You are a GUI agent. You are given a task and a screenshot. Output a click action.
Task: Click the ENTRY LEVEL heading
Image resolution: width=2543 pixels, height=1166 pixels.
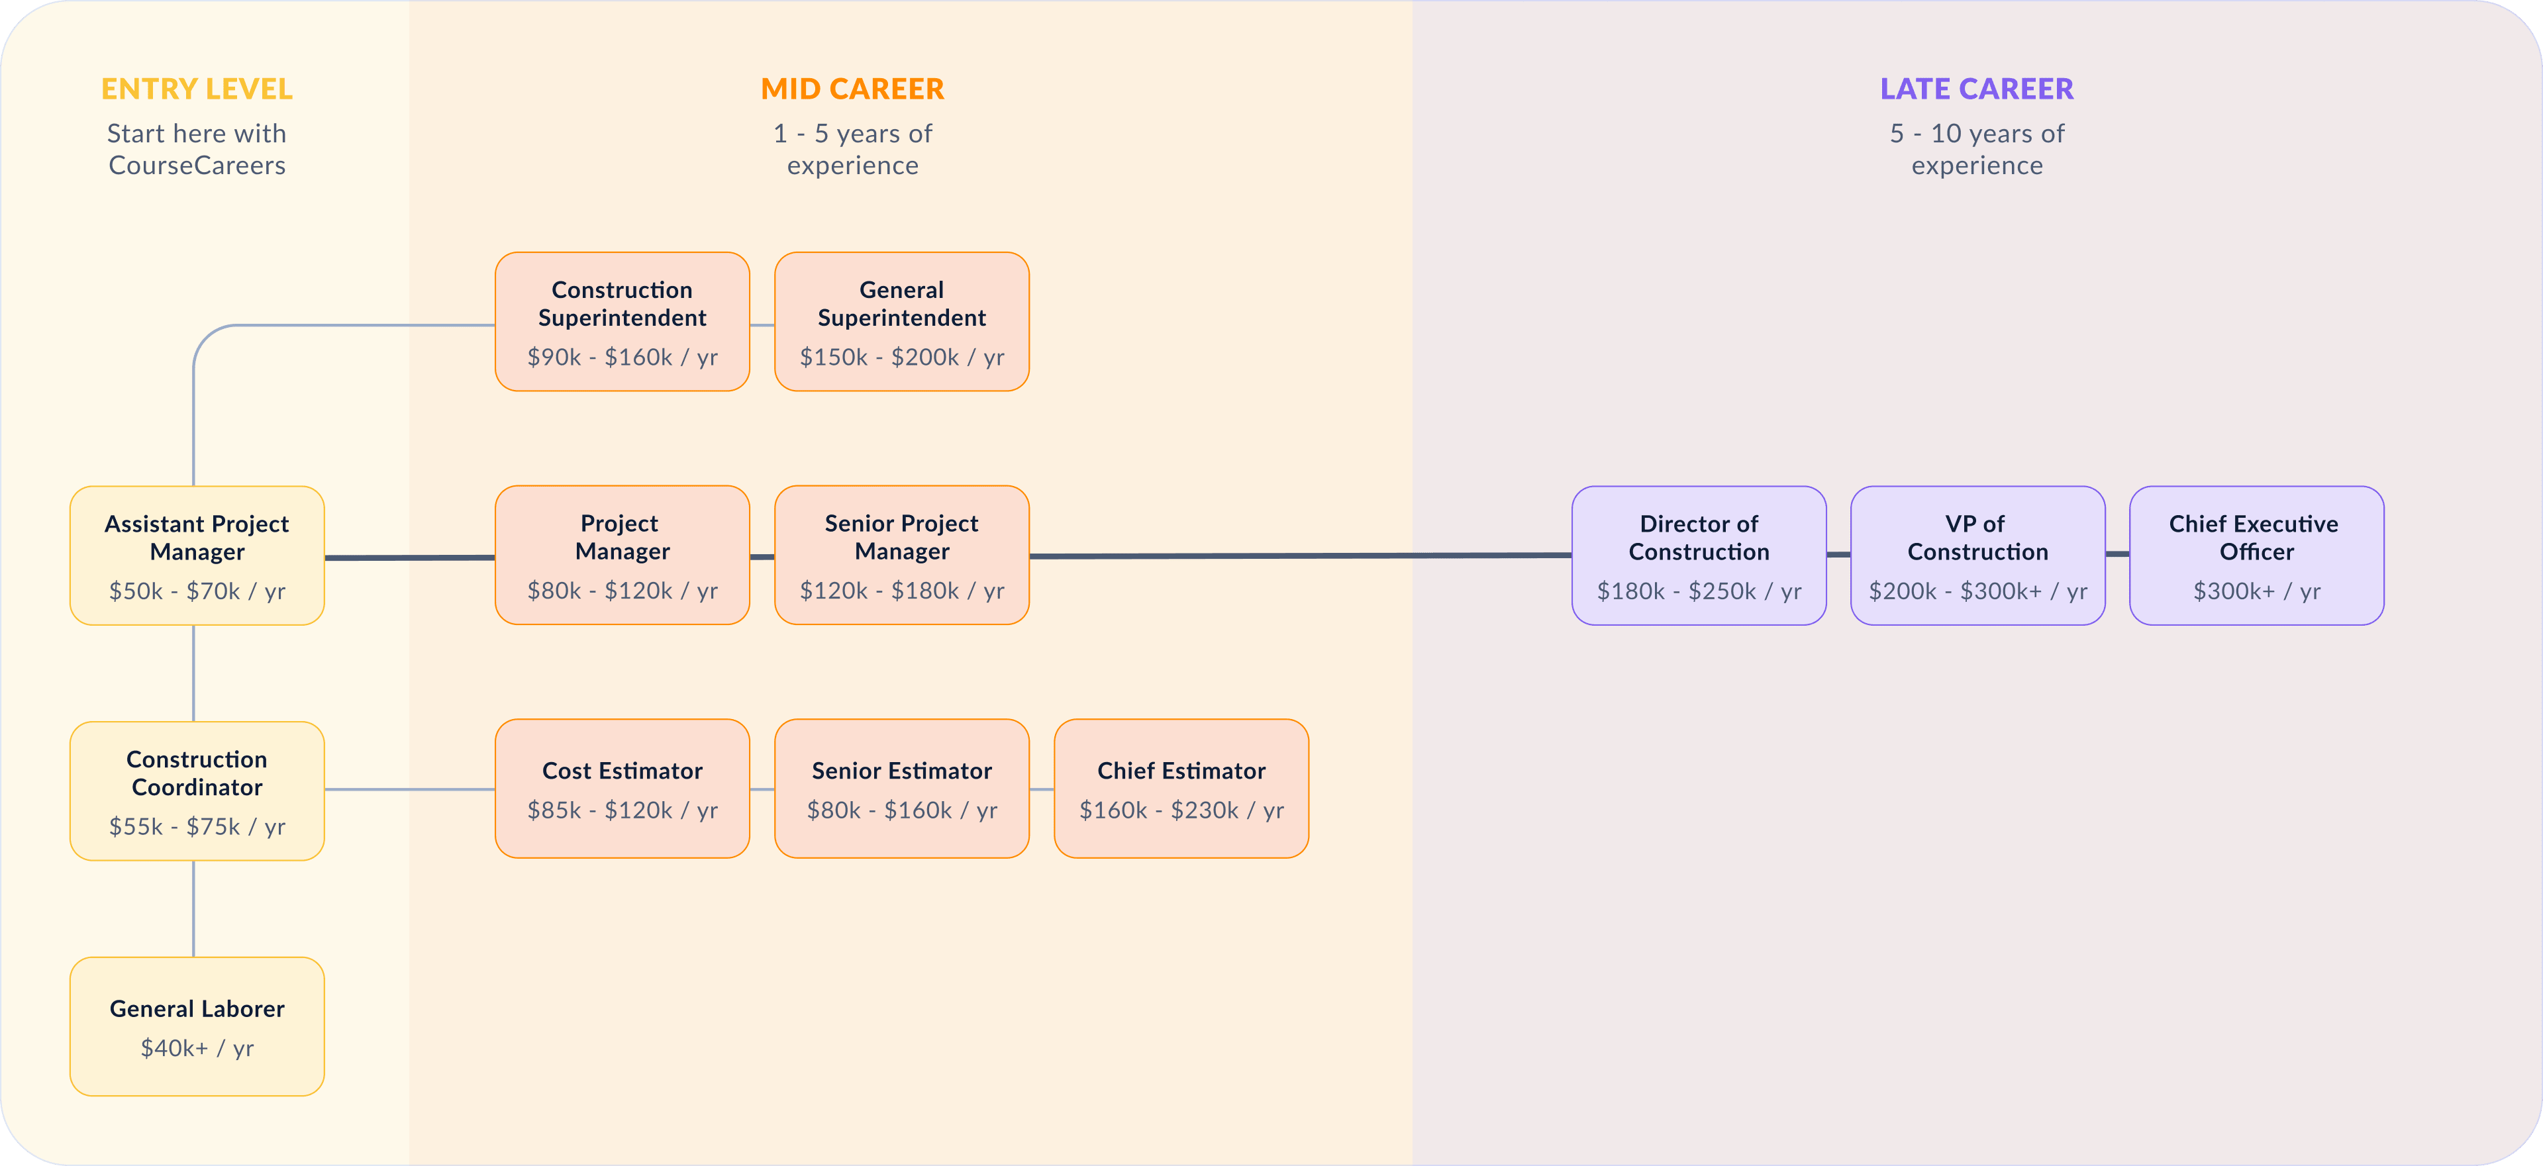(x=197, y=89)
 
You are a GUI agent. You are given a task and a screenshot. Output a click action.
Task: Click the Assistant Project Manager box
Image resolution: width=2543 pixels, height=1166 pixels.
(x=197, y=555)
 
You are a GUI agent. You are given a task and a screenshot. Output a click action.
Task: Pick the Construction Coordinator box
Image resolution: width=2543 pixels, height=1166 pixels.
(x=197, y=791)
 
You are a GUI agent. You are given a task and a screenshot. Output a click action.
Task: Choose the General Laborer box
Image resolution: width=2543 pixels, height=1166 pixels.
(x=197, y=1026)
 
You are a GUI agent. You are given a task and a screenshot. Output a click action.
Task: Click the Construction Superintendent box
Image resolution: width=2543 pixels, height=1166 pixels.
(x=622, y=322)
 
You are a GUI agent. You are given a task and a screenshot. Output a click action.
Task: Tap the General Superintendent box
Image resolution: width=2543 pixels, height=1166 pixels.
(x=902, y=322)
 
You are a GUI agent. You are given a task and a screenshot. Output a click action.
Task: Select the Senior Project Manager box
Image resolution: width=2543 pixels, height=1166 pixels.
(x=902, y=555)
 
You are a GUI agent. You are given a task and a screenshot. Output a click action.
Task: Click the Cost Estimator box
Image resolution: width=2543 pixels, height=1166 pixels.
(x=622, y=789)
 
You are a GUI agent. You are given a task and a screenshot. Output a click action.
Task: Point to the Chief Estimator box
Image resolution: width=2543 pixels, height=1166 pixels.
(x=1181, y=789)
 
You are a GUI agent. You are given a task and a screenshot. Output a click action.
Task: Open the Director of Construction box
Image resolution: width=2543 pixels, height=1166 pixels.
(x=1699, y=555)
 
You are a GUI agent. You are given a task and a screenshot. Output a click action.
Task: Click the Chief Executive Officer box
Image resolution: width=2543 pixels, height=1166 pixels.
(x=2257, y=555)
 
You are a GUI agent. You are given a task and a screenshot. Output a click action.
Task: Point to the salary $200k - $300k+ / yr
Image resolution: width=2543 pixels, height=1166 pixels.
(x=1977, y=591)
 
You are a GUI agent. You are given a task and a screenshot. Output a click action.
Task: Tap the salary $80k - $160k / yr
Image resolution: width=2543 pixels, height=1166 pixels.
(x=902, y=810)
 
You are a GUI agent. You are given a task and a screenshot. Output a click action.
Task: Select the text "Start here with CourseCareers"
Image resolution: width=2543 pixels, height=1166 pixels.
(x=197, y=149)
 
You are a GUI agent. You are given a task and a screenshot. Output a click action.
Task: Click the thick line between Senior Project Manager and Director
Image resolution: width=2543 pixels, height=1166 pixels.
(x=1300, y=556)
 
